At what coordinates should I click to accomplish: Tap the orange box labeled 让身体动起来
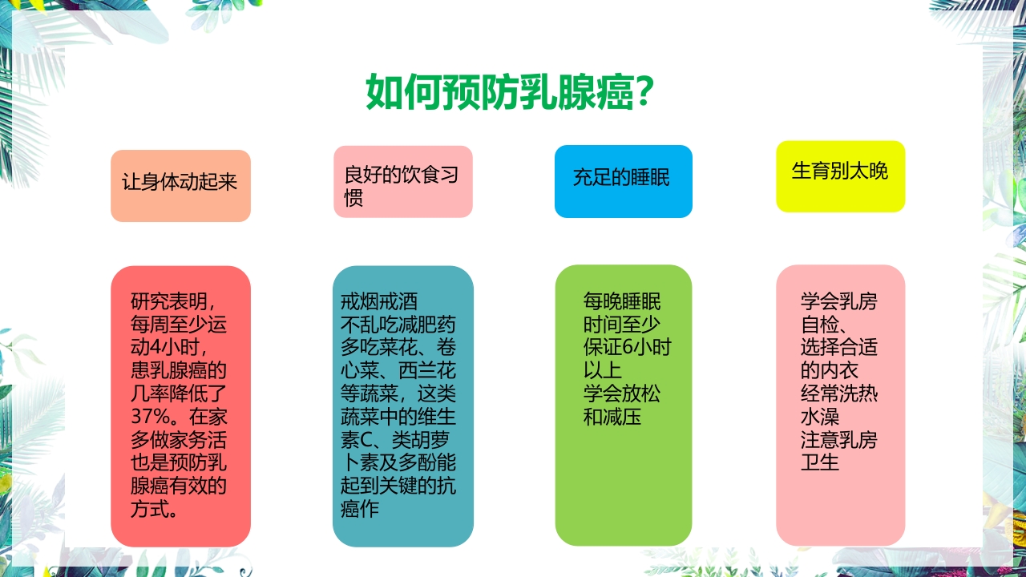pyautogui.click(x=180, y=184)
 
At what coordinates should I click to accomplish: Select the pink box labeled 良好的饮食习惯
pyautogui.click(x=402, y=182)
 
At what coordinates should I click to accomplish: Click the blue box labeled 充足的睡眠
pyautogui.click(x=623, y=180)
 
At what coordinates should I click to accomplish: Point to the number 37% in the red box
pyautogui.click(x=150, y=418)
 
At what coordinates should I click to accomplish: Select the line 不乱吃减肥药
pyautogui.click(x=398, y=325)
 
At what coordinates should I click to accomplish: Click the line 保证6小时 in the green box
pyautogui.click(x=627, y=348)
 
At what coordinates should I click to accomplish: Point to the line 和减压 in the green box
pyautogui.click(x=612, y=418)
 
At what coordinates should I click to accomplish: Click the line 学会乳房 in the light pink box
pyautogui.click(x=838, y=302)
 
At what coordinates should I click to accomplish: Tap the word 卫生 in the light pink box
pyautogui.click(x=819, y=463)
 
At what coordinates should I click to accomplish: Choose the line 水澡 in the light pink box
pyautogui.click(x=819, y=418)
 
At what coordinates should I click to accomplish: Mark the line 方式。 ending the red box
pyautogui.click(x=154, y=510)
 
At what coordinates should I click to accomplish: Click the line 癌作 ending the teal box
pyautogui.click(x=359, y=510)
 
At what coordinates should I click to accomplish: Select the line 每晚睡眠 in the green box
pyautogui.click(x=622, y=302)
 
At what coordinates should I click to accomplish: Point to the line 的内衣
pyautogui.click(x=829, y=371)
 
